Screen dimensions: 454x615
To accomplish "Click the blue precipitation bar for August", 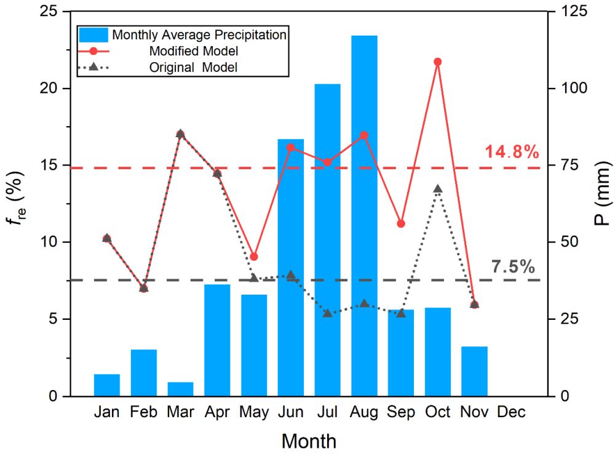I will click(364, 215).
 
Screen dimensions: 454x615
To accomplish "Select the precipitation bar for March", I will click(180, 389).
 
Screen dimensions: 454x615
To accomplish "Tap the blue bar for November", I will click(474, 371).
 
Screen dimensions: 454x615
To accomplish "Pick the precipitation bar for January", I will click(107, 384).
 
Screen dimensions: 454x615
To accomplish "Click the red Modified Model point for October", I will click(438, 62).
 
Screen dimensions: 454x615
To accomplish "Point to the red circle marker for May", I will click(254, 257).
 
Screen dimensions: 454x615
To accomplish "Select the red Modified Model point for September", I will click(401, 223).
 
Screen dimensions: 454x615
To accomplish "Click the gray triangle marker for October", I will click(438, 189).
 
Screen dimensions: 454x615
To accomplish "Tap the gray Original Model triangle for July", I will click(327, 313).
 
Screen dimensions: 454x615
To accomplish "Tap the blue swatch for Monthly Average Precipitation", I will click(93, 34).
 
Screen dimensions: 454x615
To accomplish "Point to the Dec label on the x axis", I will click(511, 412).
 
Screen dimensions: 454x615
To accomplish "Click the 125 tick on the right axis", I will click(576, 12).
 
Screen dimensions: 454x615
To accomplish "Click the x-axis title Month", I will click(309, 440).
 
